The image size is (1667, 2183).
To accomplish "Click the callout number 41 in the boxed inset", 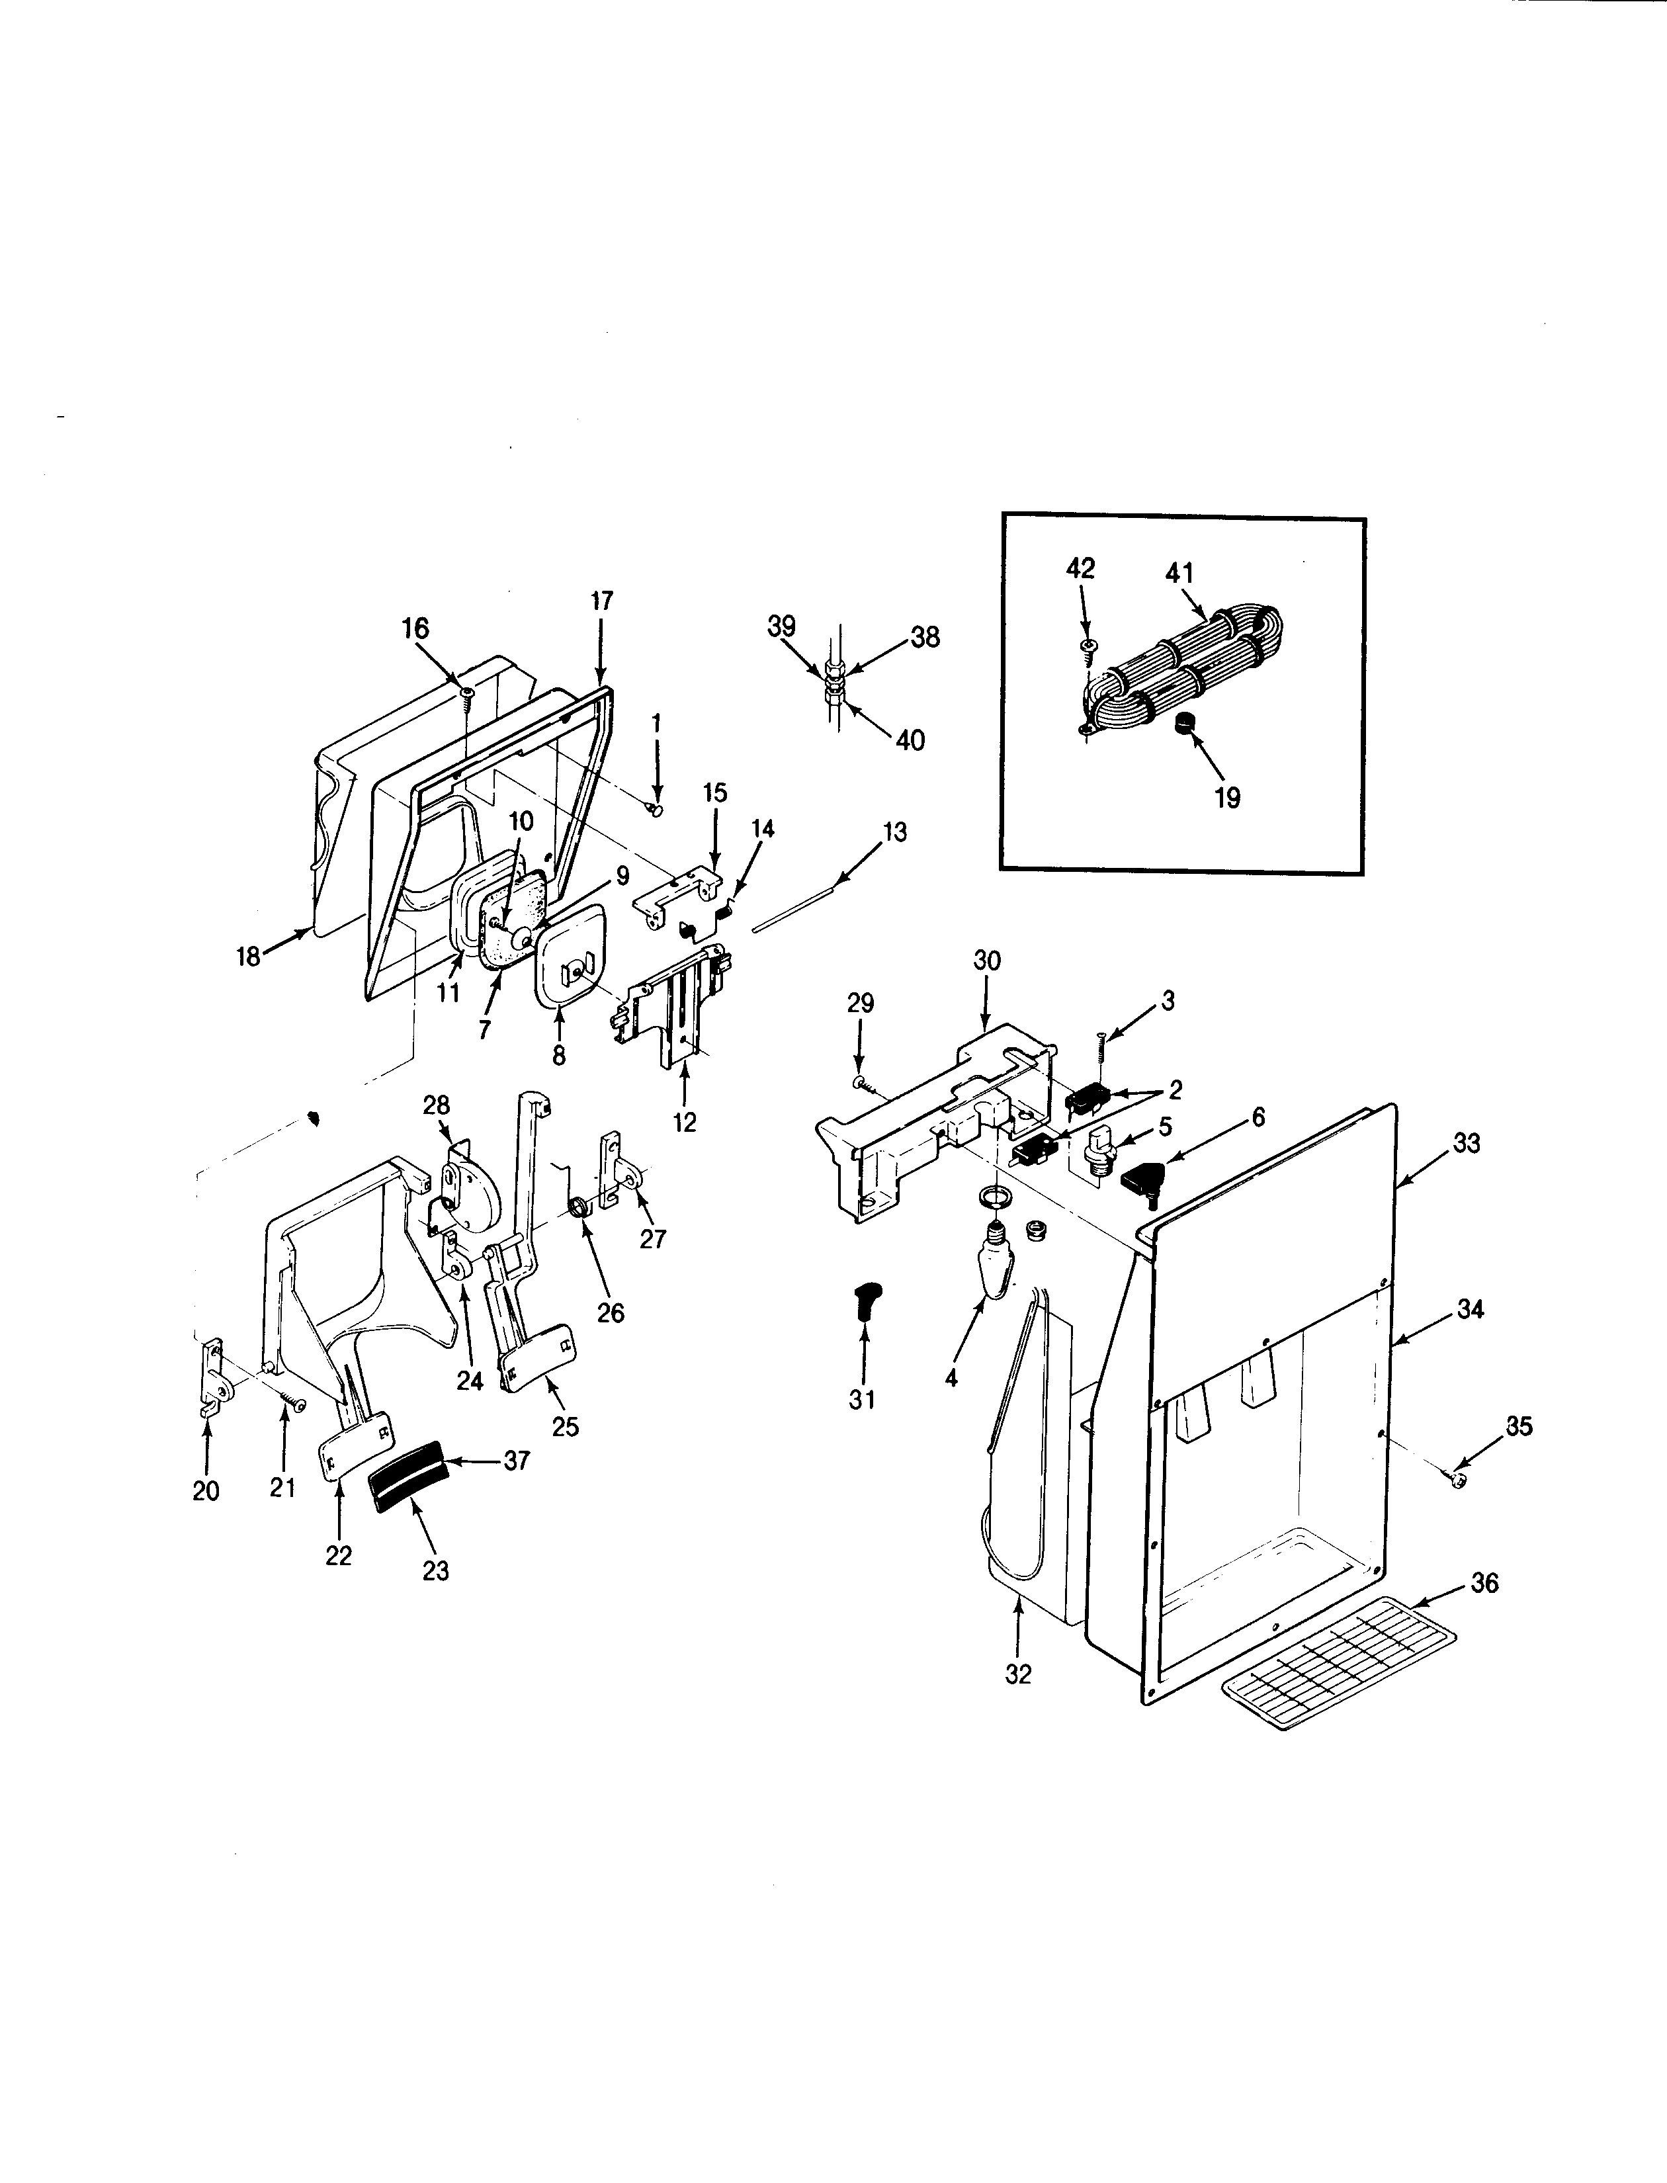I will [1180, 574].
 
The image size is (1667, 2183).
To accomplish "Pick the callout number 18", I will [247, 957].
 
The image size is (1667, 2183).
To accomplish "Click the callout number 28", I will [435, 1105].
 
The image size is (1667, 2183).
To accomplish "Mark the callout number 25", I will [565, 1426].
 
